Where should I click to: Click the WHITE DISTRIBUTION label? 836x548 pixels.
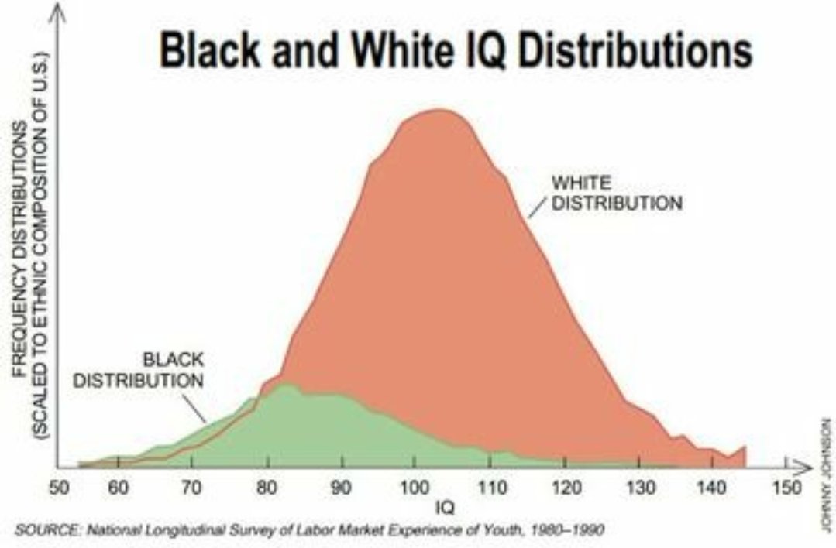pyautogui.click(x=616, y=194)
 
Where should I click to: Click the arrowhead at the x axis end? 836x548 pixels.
pyautogui.click(x=798, y=467)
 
